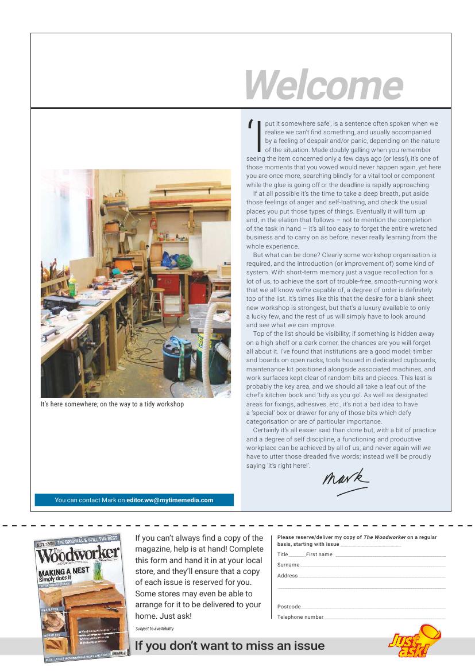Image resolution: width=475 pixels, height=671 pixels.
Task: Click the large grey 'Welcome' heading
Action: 323,85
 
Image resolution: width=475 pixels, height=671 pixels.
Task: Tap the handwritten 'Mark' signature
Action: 345,479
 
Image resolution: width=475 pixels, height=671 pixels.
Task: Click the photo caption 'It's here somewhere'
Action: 112,404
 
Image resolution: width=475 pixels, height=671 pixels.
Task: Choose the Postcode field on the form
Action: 373,607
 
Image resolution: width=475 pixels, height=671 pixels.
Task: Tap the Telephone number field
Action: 384,617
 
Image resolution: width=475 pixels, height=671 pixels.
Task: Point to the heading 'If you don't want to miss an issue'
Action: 230,646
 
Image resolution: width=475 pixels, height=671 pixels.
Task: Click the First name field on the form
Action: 390,555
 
